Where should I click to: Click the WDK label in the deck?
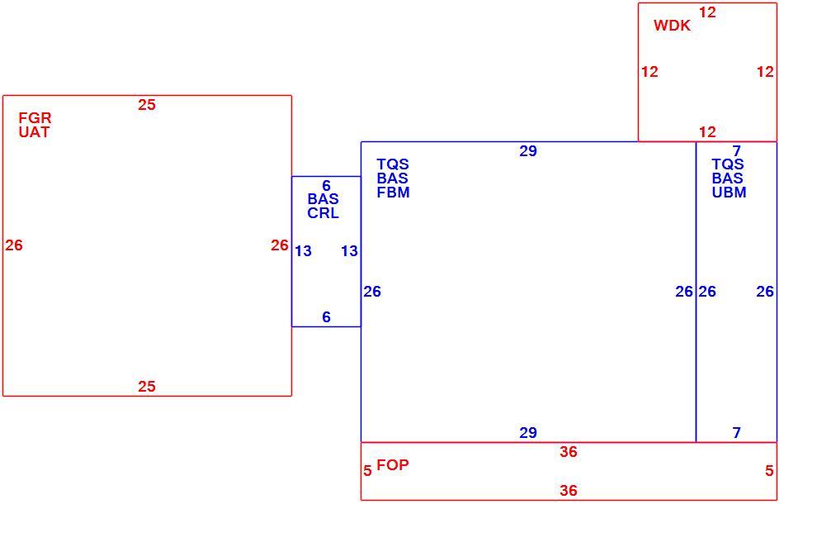tap(672, 26)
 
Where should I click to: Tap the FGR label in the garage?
tap(35, 118)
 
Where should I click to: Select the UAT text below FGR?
tap(34, 132)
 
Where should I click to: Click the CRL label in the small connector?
tap(323, 213)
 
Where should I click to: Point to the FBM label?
tap(394, 193)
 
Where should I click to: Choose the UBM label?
tap(729, 193)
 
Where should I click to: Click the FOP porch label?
tap(392, 464)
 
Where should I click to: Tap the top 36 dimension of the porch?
tap(569, 452)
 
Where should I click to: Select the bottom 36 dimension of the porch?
tap(569, 490)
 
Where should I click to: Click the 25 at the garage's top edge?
tap(147, 105)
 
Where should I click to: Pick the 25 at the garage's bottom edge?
tap(147, 387)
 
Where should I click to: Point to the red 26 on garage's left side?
tap(14, 245)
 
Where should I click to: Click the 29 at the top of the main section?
tap(528, 151)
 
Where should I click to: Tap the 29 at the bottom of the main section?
tap(528, 433)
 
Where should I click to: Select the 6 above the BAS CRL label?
tap(326, 186)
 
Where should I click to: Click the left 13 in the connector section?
tap(303, 251)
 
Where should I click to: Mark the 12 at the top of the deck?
tap(707, 12)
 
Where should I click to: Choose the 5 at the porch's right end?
tap(769, 471)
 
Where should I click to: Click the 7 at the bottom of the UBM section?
tap(736, 433)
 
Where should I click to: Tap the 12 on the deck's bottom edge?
tap(707, 132)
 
